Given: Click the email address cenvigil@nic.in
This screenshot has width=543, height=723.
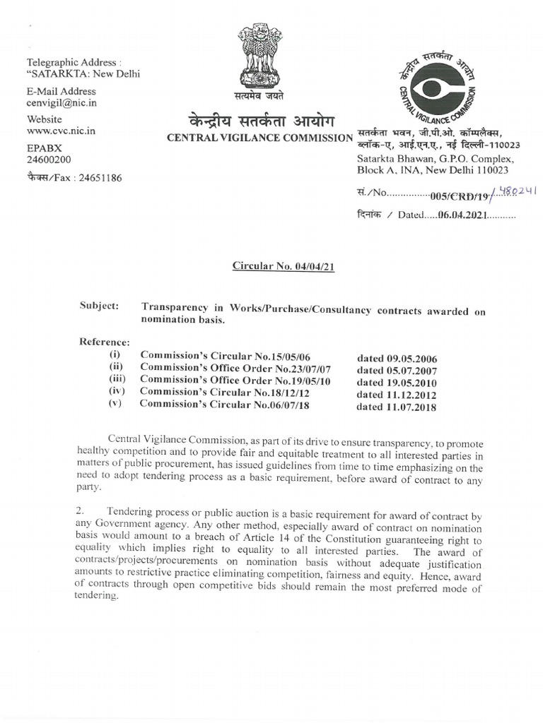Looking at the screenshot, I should click(62, 103).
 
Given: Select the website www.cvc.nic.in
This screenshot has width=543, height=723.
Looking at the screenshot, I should click(62, 131).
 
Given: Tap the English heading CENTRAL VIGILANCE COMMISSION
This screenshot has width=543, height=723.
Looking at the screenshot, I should click(259, 137).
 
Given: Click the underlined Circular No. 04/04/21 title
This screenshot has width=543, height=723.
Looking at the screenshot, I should click(283, 266).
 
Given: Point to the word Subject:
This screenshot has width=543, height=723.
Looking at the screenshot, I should click(100, 306).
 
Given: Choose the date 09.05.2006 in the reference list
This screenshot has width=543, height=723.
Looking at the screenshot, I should click(396, 358).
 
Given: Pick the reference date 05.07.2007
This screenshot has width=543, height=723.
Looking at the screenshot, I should click(396, 370).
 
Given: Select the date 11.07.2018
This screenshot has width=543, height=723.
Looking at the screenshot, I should click(396, 407).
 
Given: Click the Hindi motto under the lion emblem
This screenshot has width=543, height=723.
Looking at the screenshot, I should click(259, 96).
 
